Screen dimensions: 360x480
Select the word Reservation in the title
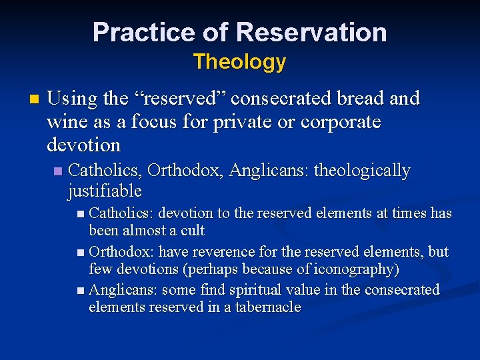(311, 32)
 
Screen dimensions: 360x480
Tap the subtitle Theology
(239, 62)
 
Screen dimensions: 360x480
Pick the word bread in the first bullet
(357, 99)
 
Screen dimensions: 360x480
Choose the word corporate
(341, 122)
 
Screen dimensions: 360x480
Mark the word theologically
(362, 171)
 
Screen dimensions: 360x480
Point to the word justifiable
(105, 191)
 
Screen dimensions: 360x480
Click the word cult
(192, 231)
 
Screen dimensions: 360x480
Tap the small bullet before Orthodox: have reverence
(81, 253)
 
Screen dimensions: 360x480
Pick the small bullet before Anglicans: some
(81, 291)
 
